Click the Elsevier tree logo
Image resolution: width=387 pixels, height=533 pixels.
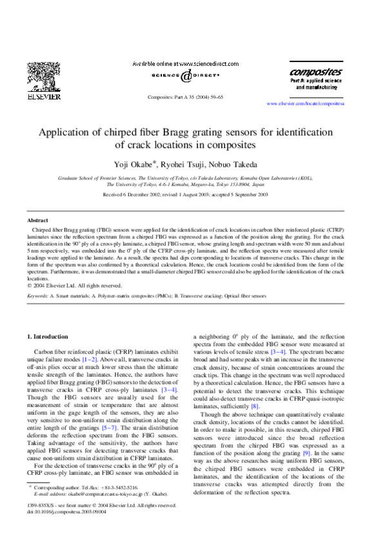(46, 78)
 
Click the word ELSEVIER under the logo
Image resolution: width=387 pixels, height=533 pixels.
(46, 98)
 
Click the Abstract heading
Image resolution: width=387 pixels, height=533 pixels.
(38, 220)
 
